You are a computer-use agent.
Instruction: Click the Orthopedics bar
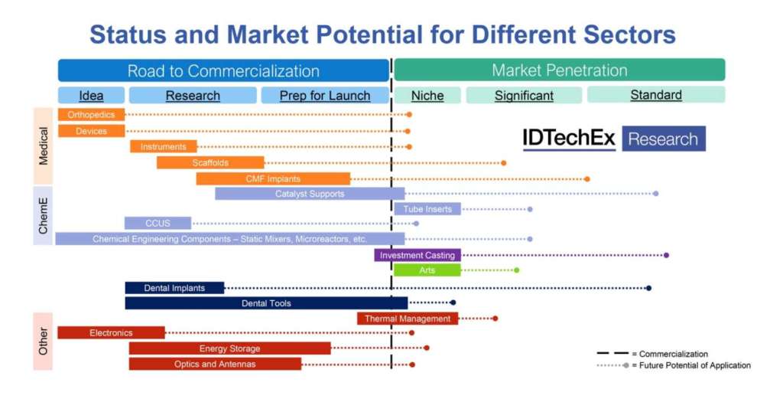coord(92,115)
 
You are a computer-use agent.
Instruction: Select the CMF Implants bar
coord(273,179)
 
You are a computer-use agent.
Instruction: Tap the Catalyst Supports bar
coord(310,194)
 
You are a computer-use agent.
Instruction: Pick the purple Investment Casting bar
coord(417,255)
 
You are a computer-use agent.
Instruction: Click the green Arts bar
coord(427,270)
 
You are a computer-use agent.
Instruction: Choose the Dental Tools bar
coord(266,303)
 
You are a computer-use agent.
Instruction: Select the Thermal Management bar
coord(408,319)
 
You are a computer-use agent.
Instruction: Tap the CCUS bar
coord(158,223)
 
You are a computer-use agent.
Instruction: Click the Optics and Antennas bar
coord(215,364)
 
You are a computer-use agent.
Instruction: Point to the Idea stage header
coord(92,96)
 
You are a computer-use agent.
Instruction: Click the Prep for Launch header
coord(325,96)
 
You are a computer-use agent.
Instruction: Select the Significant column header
coord(524,96)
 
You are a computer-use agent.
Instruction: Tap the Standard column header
coord(656,95)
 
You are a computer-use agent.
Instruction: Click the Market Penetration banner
coord(560,70)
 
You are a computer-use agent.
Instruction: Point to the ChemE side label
coord(44,215)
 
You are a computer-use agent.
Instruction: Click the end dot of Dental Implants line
coord(648,288)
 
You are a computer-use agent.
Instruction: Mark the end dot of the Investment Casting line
coord(667,255)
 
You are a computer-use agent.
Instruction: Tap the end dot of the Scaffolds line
coord(504,163)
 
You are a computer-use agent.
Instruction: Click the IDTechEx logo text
coord(569,138)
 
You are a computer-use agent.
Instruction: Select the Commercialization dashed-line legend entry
coord(653,354)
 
